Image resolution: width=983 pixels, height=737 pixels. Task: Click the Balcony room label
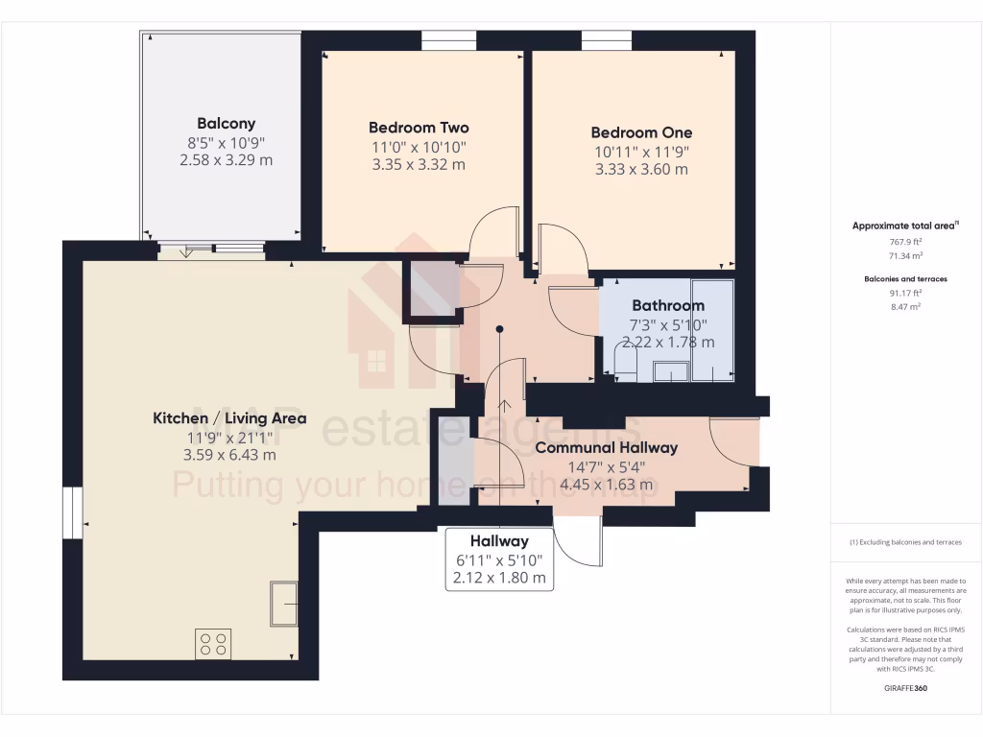coord(226,123)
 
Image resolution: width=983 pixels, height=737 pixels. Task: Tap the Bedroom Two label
coord(419,128)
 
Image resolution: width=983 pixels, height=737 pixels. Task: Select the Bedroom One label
coord(641,132)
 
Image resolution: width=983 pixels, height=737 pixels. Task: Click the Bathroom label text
coord(667,305)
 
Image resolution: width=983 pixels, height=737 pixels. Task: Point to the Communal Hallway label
coord(606,447)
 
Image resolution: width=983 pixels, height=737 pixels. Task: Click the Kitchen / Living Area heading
coord(229,418)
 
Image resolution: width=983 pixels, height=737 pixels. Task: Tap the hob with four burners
coord(213,643)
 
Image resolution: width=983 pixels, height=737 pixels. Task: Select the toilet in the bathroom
coord(624,365)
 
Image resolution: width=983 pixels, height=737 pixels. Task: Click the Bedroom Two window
coord(449,39)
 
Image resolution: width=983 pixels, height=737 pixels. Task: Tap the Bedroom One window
coord(606,39)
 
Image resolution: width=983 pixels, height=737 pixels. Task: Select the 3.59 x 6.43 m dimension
coord(229,455)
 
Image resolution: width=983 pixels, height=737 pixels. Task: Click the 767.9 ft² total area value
coord(905,243)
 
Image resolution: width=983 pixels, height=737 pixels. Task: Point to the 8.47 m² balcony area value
coord(905,307)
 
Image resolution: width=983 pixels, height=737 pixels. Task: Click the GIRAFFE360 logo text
coord(905,688)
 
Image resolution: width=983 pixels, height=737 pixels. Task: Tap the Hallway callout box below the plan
coord(499,559)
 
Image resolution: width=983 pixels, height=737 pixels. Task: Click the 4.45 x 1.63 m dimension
coord(606,484)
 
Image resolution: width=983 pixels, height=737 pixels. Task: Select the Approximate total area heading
coord(904,226)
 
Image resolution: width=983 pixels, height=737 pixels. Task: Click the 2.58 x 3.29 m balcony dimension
coord(226,159)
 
